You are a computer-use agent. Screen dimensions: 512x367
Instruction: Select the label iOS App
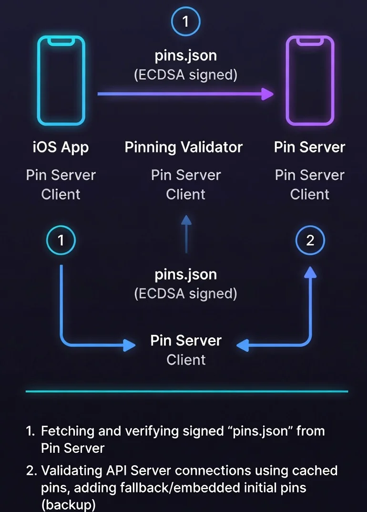(61, 147)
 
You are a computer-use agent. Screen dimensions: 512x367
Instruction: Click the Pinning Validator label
(183, 147)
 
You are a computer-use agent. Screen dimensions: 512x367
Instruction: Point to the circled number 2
(310, 240)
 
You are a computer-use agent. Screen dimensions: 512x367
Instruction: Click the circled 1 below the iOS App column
(61, 240)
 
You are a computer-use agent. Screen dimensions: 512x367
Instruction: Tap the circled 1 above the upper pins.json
(185, 21)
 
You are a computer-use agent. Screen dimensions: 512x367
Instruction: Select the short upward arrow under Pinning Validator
(186, 234)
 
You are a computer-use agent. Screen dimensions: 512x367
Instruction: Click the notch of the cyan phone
(61, 42)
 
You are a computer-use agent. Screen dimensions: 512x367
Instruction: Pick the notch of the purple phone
(309, 42)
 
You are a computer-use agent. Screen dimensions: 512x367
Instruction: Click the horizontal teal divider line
(186, 391)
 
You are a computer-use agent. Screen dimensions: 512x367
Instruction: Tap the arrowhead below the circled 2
(310, 272)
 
